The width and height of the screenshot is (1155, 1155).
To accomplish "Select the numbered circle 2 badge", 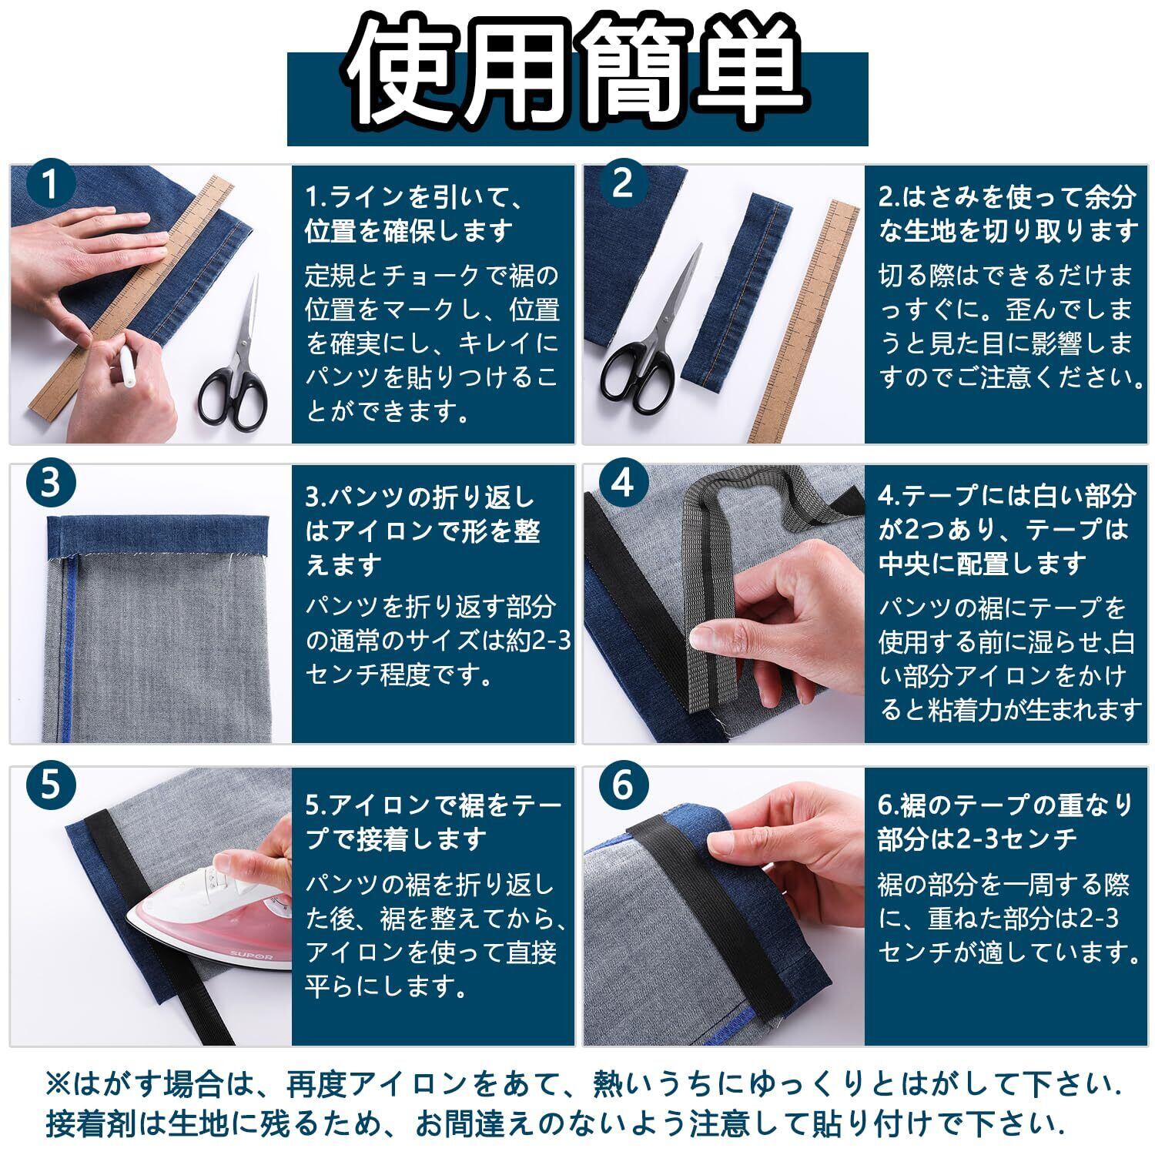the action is click(622, 185).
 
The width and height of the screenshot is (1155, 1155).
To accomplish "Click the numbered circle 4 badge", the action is click(622, 484).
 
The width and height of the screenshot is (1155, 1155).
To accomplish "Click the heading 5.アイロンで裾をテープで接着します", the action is click(434, 822).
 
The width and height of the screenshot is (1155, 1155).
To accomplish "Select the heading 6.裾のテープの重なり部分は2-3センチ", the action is click(1006, 822).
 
